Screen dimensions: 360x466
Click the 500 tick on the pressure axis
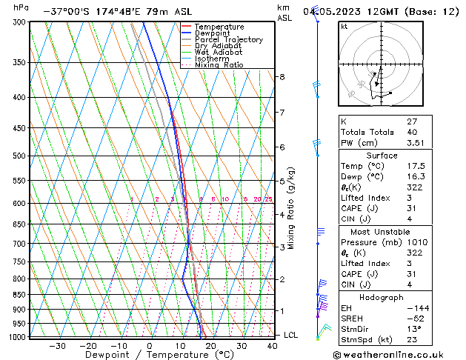click(20, 156)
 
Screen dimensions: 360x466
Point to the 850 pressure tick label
click(20, 295)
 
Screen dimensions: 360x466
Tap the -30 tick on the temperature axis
click(57, 346)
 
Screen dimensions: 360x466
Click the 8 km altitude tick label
click(282, 77)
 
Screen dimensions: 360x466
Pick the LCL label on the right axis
click(292, 335)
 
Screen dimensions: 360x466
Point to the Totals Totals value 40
click(412, 133)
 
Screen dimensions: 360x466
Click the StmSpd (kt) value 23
click(412, 340)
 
